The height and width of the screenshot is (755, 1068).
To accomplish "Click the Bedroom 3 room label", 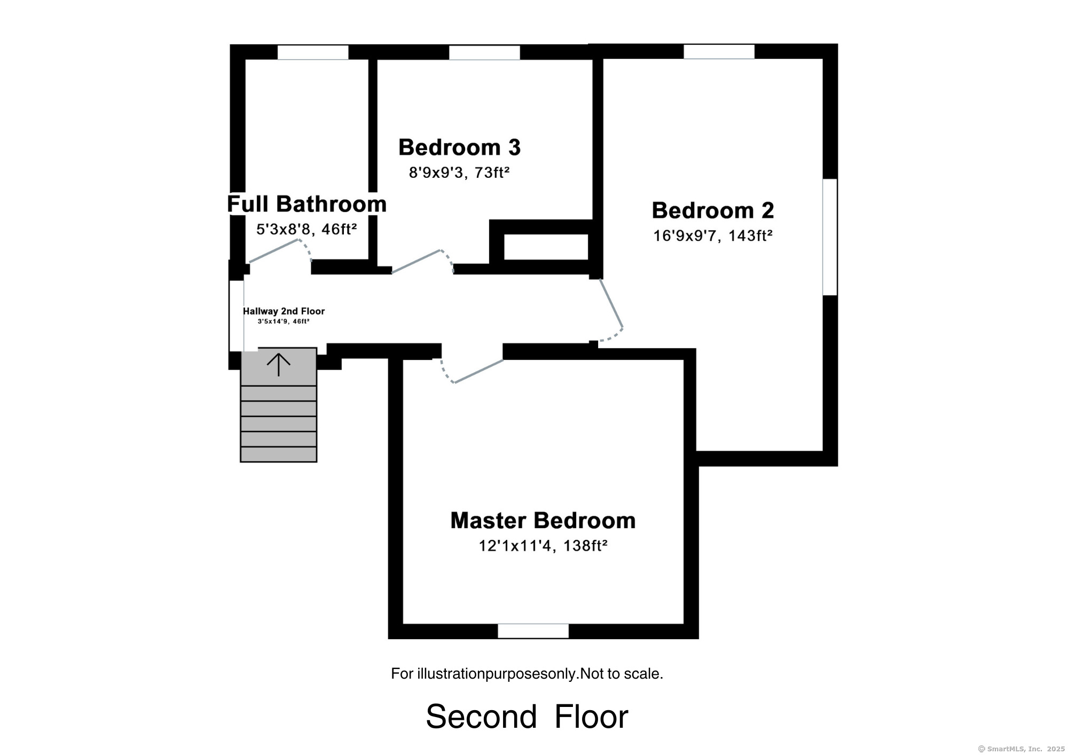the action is click(459, 147).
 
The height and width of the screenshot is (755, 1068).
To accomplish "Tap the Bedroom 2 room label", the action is click(713, 210).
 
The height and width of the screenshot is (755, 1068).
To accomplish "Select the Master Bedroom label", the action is click(543, 521).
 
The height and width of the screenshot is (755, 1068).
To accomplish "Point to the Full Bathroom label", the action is click(307, 204).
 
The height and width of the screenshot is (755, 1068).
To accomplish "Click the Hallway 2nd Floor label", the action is click(284, 311).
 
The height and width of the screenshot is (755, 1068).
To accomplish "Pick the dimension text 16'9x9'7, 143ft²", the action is click(713, 235).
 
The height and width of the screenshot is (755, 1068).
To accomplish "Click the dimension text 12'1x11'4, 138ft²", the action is click(543, 546).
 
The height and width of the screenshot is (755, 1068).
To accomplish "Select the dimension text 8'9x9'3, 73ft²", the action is click(459, 172).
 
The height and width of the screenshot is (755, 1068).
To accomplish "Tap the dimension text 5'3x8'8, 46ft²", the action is click(307, 229).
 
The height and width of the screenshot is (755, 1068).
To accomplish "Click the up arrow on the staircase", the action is click(278, 364).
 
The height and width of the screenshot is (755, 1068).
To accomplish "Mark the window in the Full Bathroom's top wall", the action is click(313, 52).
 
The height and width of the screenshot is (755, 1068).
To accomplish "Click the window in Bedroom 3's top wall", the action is click(484, 52).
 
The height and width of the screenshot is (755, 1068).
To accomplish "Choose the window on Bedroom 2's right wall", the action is click(830, 237).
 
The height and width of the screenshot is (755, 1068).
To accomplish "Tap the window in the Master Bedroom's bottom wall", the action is click(533, 631).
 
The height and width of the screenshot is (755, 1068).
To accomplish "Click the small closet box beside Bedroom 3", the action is click(546, 247).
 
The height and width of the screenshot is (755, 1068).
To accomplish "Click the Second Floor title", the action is click(527, 716).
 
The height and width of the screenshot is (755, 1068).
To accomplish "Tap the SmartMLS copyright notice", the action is click(1021, 749).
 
